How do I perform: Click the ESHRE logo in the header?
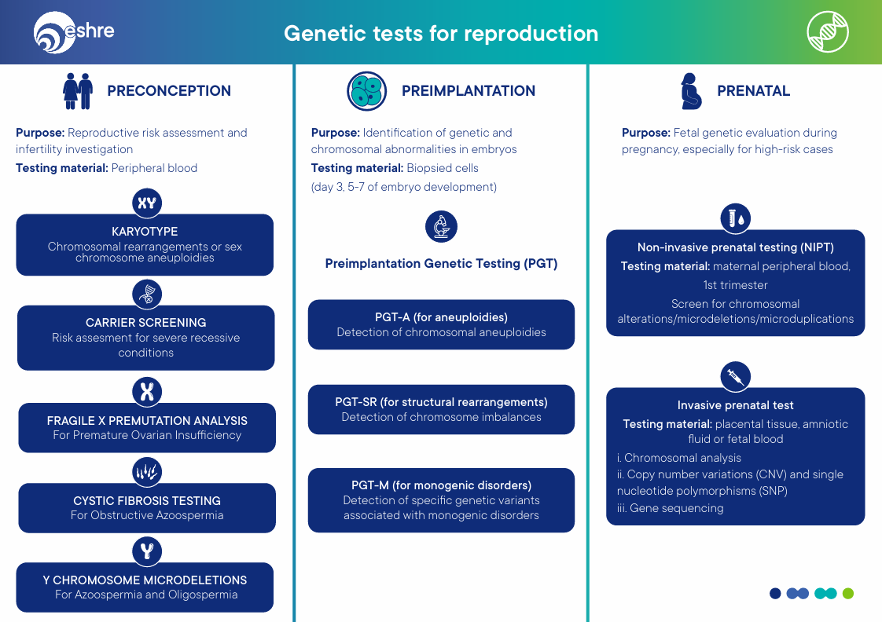(x=74, y=33)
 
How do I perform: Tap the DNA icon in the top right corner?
(x=828, y=32)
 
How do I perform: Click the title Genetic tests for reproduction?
(x=441, y=34)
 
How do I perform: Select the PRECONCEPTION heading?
(x=169, y=91)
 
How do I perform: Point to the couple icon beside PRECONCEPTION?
(x=78, y=91)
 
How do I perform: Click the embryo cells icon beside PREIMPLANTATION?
(x=366, y=91)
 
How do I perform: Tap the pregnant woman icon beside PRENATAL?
(x=690, y=91)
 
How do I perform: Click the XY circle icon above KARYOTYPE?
(x=147, y=204)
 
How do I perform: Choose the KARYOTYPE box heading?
(x=145, y=232)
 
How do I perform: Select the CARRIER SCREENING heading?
(x=146, y=323)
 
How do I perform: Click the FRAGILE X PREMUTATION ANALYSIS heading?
(x=147, y=421)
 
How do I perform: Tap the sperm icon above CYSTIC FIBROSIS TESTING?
(x=147, y=472)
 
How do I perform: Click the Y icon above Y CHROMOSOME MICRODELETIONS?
(x=147, y=551)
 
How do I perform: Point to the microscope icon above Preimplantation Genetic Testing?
(x=441, y=227)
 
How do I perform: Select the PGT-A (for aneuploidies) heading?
(x=441, y=317)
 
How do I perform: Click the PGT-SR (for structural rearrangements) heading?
(x=441, y=402)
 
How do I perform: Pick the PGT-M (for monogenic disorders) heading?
(x=441, y=485)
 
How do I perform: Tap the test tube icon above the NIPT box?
(x=736, y=218)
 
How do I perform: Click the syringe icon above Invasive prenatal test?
(x=736, y=377)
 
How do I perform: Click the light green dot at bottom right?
(x=847, y=594)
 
